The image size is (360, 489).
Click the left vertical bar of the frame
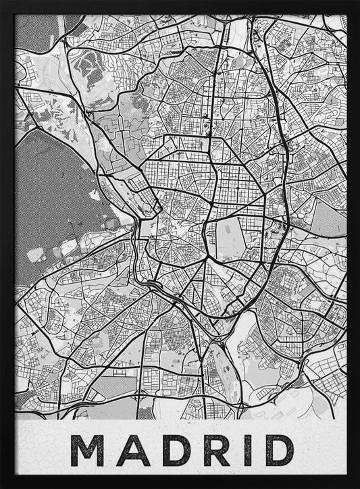tap(7, 243)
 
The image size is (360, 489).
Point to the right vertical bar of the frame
tap(353, 243)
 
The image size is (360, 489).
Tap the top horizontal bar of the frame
tap(180, 6)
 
